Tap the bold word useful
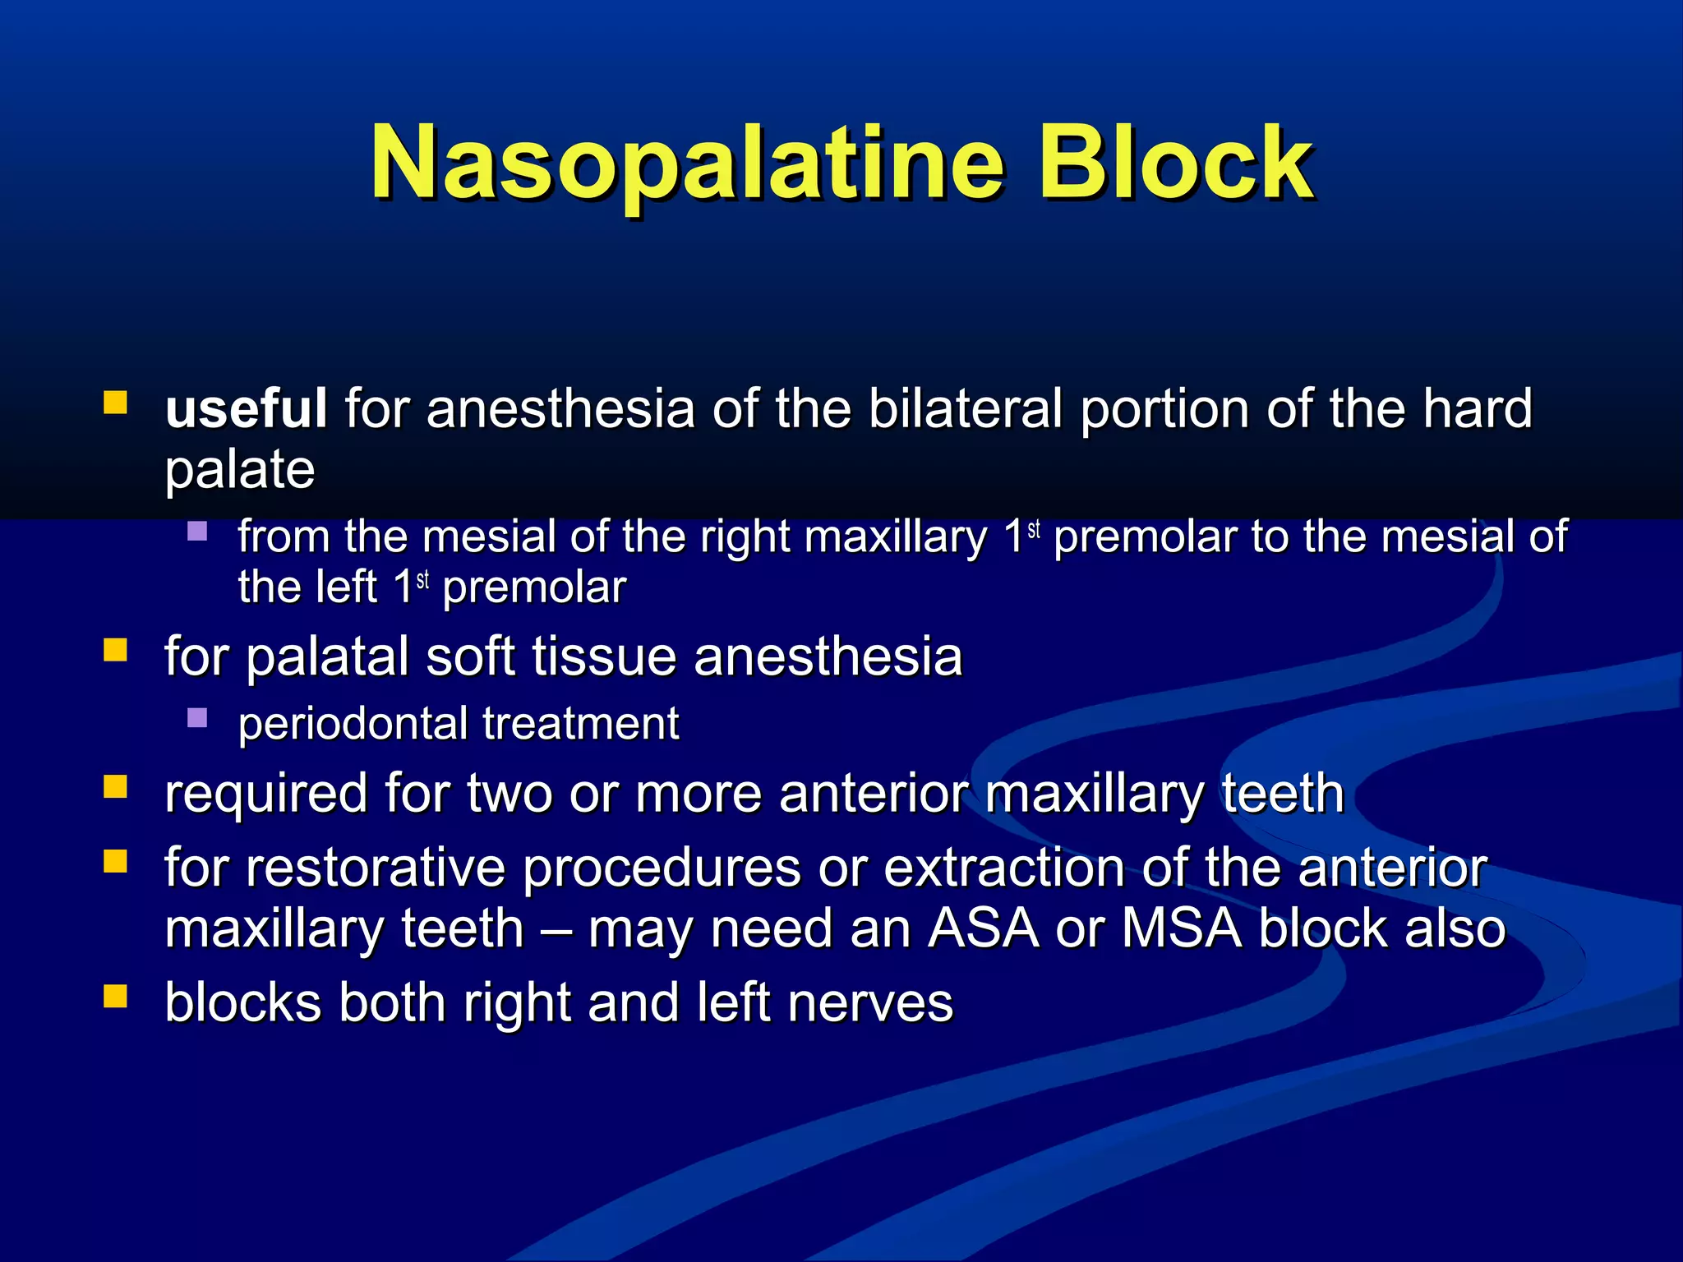click(x=246, y=408)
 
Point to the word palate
click(x=239, y=469)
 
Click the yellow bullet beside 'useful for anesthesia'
click(x=115, y=403)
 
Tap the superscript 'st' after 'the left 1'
click(x=422, y=580)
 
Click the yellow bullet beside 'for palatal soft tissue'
click(x=115, y=651)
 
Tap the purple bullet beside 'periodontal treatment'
click(x=197, y=718)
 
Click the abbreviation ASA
click(x=983, y=928)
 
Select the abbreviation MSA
click(x=1181, y=928)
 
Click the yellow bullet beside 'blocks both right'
click(x=115, y=997)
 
